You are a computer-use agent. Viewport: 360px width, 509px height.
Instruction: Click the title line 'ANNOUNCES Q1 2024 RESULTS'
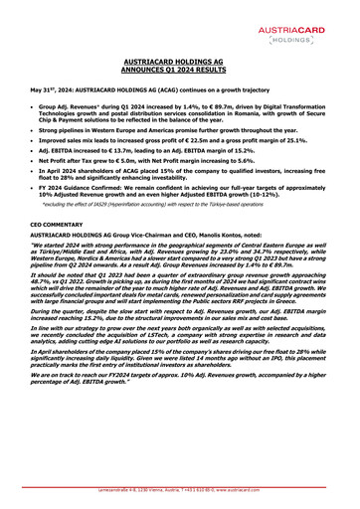(179, 72)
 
